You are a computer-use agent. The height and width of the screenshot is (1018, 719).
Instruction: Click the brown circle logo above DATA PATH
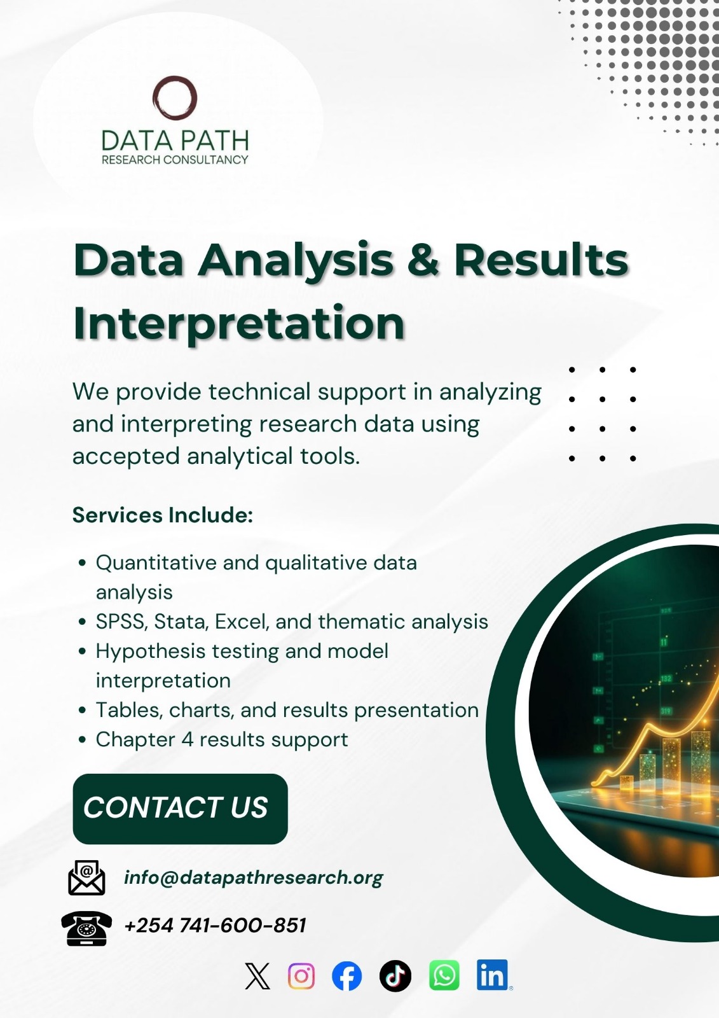175,98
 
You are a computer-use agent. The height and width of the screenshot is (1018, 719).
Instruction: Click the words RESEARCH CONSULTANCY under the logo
175,160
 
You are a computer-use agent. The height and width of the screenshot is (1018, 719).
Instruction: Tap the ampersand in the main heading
423,260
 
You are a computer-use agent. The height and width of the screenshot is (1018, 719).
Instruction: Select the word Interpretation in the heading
239,323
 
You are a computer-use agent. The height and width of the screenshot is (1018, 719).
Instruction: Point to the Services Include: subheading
163,515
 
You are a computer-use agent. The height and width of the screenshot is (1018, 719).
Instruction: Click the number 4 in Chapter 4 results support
187,739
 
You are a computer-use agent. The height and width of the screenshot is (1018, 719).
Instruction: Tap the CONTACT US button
180,809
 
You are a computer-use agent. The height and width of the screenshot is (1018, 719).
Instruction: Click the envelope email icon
86,878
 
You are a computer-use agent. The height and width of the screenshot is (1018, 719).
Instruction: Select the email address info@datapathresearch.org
253,878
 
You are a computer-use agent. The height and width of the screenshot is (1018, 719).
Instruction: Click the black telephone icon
86,928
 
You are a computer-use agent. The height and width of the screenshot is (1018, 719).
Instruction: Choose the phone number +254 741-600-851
215,925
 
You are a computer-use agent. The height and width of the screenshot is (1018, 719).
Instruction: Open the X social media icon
257,976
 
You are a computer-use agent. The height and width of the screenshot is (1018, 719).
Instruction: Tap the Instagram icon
301,976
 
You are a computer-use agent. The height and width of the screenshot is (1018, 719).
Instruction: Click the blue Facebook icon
347,976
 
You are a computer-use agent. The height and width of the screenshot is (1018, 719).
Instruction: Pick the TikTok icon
395,976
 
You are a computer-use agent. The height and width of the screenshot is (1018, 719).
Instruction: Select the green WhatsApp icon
444,976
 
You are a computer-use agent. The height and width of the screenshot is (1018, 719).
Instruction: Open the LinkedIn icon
493,975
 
